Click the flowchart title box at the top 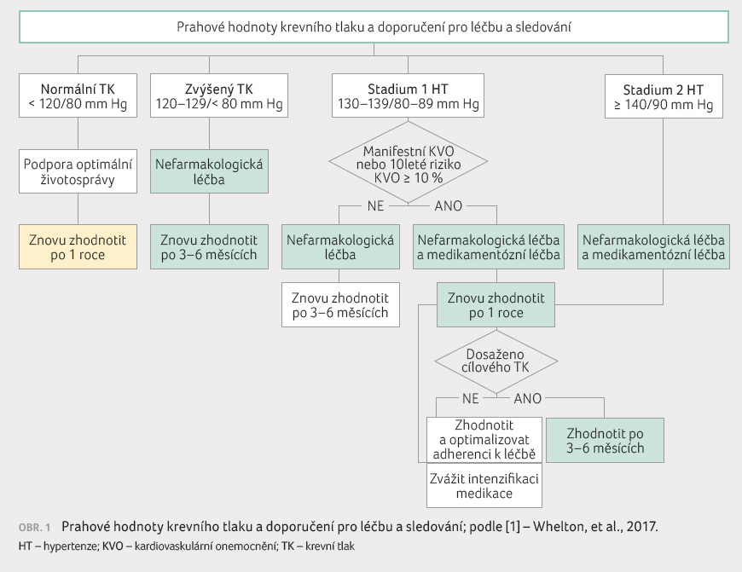point(373,28)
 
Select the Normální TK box point(78,96)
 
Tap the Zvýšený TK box point(210,96)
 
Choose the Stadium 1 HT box point(409,96)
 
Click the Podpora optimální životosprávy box point(78,171)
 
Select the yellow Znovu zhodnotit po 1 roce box point(78,246)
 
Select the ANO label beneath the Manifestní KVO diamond point(449,206)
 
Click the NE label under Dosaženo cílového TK point(471,398)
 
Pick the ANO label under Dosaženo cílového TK point(528,398)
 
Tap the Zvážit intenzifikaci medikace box point(484,485)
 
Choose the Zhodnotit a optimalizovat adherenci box point(484,438)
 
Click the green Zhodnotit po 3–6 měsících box point(604,440)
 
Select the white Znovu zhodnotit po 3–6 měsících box point(340,305)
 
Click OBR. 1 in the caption point(35,527)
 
